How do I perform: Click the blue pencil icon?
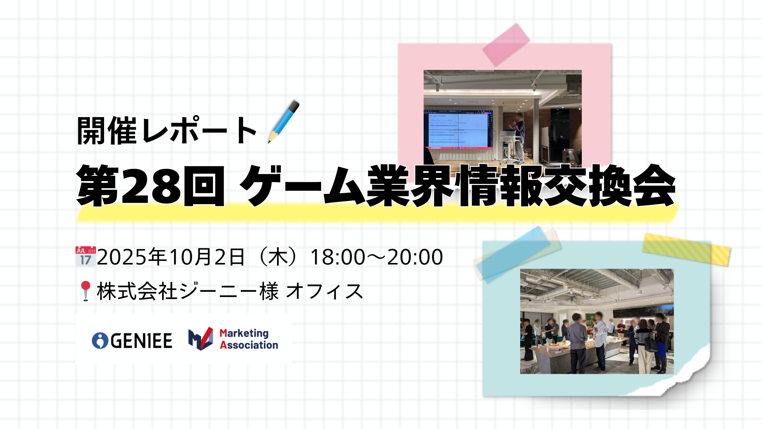tap(284, 121)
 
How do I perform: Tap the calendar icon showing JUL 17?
tap(85, 256)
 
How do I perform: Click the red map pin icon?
tap(85, 290)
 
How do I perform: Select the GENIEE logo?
tap(132, 340)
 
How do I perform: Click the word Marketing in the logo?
tap(244, 333)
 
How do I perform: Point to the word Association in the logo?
tap(249, 345)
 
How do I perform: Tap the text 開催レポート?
tap(167, 131)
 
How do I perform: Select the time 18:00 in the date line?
tap(337, 257)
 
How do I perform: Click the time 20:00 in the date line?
tap(415, 257)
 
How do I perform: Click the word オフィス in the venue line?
tap(324, 291)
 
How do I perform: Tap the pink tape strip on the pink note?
tap(506, 44)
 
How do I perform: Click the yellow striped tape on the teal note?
tap(686, 249)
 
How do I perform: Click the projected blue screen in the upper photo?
tap(459, 129)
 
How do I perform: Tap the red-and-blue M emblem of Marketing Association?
tap(201, 339)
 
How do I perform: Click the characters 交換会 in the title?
tap(610, 186)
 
